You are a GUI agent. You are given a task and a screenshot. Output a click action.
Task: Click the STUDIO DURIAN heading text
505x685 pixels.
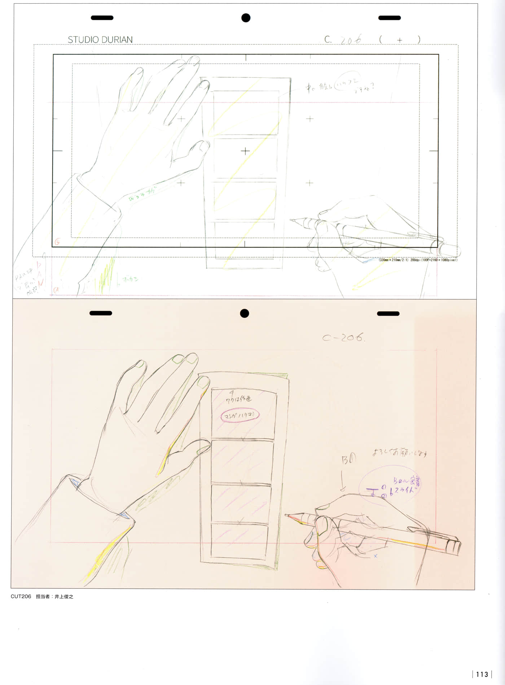100,40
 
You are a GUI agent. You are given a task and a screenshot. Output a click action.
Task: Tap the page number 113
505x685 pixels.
482,674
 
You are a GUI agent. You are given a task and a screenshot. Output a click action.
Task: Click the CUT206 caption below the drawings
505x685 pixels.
21,596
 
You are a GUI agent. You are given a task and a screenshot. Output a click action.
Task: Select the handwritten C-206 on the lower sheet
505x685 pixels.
343,338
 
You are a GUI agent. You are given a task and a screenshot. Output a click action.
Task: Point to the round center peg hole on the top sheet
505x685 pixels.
246,18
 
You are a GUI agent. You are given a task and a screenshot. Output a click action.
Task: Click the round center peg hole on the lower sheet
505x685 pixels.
244,313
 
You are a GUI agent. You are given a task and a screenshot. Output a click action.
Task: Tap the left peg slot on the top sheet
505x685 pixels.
102,18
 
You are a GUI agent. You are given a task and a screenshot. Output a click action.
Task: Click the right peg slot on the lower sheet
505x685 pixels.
388,313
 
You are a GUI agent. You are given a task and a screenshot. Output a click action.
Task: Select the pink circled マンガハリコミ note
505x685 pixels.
240,415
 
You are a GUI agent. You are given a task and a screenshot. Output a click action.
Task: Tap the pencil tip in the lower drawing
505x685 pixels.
286,515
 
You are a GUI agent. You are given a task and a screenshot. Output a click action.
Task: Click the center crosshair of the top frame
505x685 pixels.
245,151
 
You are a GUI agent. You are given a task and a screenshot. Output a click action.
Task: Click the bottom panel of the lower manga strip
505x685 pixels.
239,540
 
